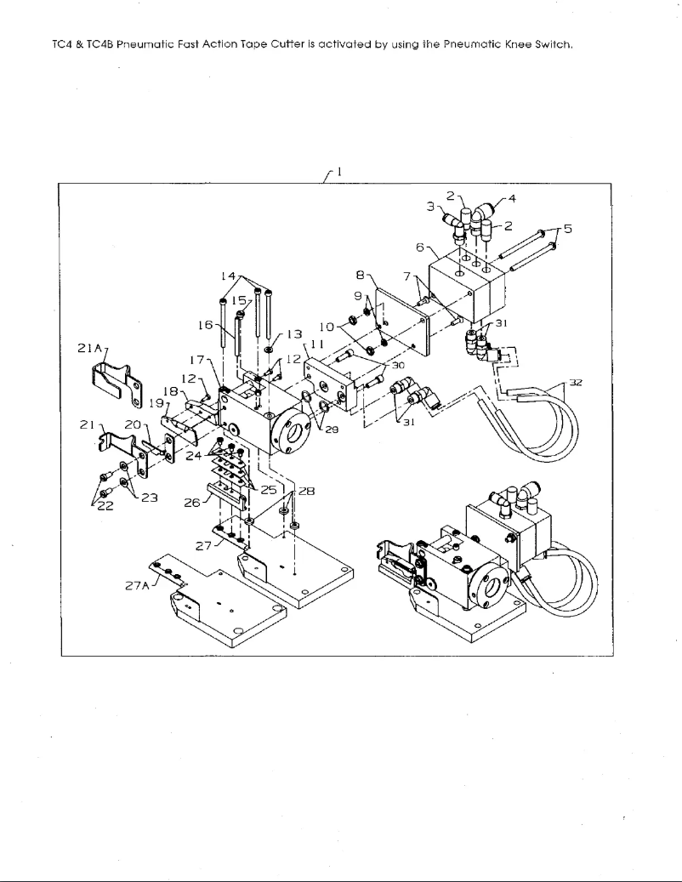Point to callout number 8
point(361,276)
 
